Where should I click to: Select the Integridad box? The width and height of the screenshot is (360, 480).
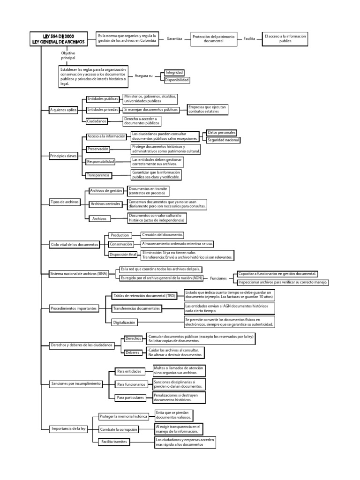pos(174,73)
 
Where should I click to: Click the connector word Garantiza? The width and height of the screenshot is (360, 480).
pos(174,39)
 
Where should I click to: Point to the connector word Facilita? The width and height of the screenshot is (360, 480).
pos(249,39)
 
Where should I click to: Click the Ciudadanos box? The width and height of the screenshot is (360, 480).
pos(97,121)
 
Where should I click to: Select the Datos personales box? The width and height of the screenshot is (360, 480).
pos(221,133)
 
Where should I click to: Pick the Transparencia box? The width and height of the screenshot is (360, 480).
pos(98,175)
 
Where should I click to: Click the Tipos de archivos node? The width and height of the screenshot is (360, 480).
pos(65,202)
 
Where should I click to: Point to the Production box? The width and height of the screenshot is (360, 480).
pos(120,235)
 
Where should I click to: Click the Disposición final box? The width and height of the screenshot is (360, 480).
pos(122,255)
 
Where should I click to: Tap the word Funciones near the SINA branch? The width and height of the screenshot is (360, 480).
pos(218,278)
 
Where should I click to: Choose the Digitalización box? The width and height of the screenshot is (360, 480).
pos(124,322)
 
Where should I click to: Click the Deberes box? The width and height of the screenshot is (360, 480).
pos(133,352)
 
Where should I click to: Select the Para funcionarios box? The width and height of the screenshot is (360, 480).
pos(131,384)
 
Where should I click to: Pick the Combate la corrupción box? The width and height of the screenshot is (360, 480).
pos(118,429)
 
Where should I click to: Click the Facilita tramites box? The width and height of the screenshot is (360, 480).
pos(114,442)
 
